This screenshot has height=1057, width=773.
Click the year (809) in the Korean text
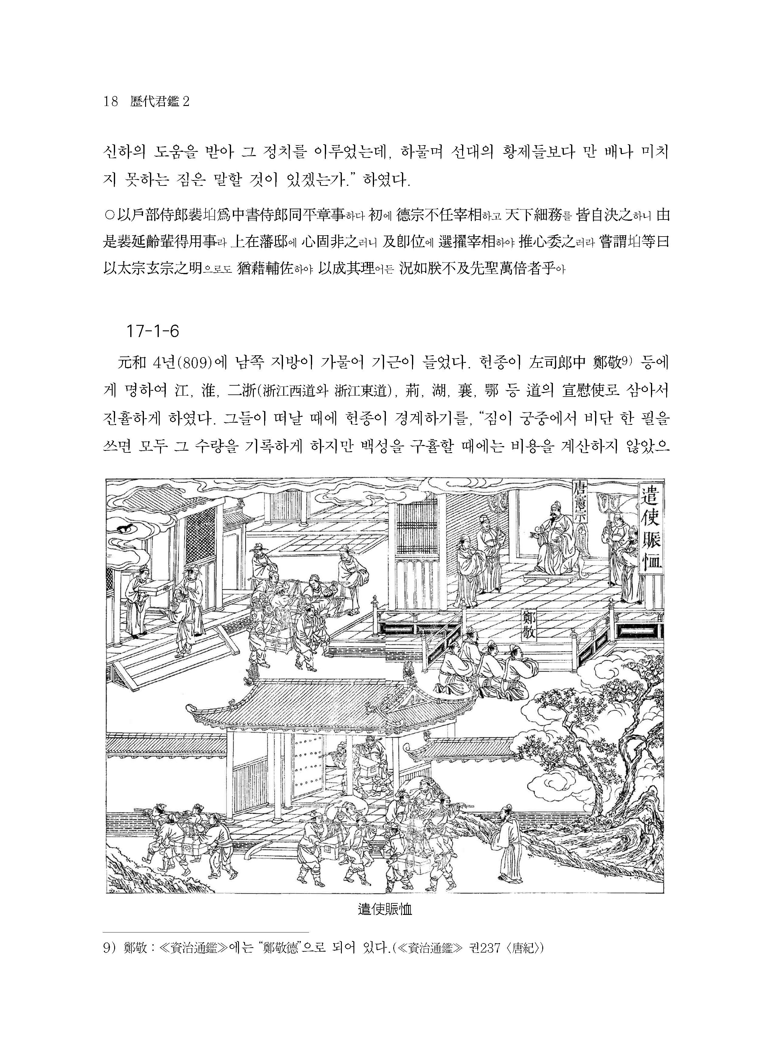pyautogui.click(x=189, y=363)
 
